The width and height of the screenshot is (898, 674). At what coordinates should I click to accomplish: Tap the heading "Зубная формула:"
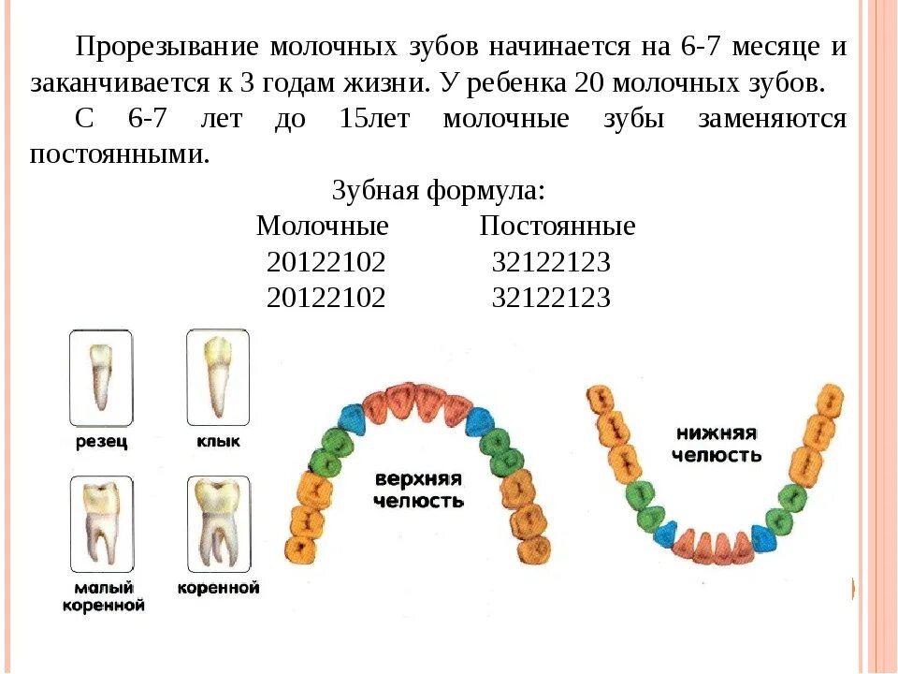point(438,191)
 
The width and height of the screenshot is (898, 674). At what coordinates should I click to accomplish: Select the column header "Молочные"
point(323,226)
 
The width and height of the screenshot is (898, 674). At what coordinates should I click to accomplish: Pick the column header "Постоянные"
point(558,226)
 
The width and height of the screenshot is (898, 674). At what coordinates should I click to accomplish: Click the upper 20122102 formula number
point(326,261)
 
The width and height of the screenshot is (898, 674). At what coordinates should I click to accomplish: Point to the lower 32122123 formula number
point(551,298)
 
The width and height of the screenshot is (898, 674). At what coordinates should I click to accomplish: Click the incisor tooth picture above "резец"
point(100,377)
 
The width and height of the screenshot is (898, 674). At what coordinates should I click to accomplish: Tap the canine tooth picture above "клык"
point(217,377)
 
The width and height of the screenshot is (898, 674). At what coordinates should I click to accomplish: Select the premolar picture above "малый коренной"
point(100,523)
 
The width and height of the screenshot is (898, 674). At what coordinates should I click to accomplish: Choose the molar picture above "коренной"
point(218,523)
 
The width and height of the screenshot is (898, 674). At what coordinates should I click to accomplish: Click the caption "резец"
point(101,441)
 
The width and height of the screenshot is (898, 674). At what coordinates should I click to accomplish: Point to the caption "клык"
point(218,440)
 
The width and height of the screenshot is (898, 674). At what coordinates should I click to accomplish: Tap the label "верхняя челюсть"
point(418,489)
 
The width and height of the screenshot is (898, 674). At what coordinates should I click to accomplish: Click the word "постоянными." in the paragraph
point(120,154)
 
